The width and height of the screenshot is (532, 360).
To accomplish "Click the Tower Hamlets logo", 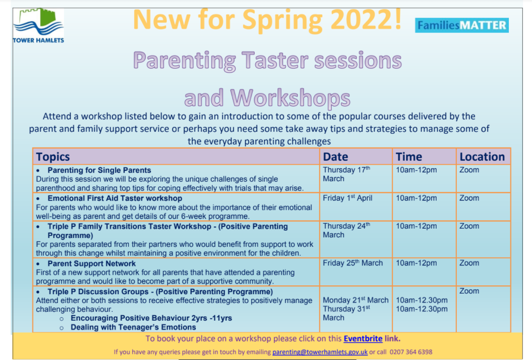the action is [x=38, y=26].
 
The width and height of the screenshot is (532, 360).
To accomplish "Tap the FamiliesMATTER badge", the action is [x=462, y=26].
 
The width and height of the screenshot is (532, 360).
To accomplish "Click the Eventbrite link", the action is [x=363, y=339].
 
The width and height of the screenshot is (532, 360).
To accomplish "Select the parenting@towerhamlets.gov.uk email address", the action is [x=320, y=352].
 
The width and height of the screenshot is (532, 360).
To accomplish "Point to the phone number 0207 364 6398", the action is [x=411, y=352].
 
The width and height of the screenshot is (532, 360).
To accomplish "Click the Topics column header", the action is [x=53, y=157].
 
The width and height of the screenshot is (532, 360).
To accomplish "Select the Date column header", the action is [x=335, y=157].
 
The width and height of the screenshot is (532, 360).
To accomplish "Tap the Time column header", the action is [x=409, y=157].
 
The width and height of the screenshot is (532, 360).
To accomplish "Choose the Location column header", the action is [x=482, y=157].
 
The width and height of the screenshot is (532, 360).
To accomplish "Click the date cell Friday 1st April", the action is [x=348, y=198].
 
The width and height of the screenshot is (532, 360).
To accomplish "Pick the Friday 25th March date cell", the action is [x=353, y=263].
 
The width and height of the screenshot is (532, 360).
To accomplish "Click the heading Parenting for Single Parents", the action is [x=99, y=170].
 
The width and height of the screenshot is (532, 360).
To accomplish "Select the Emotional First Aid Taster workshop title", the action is [x=115, y=198].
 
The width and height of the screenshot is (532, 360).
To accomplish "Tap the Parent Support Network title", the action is [x=91, y=264].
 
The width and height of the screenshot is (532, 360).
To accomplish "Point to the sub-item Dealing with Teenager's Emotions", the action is [x=133, y=328].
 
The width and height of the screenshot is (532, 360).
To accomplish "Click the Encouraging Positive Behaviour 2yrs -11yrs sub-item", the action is [x=151, y=318].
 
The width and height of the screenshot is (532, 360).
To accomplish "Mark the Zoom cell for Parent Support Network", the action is [x=469, y=263].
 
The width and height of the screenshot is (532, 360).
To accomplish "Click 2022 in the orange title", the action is [x=361, y=20].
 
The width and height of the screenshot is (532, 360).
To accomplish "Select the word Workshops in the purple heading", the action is [x=290, y=98].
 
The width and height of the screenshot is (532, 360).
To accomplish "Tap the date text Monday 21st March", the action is [x=355, y=300].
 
